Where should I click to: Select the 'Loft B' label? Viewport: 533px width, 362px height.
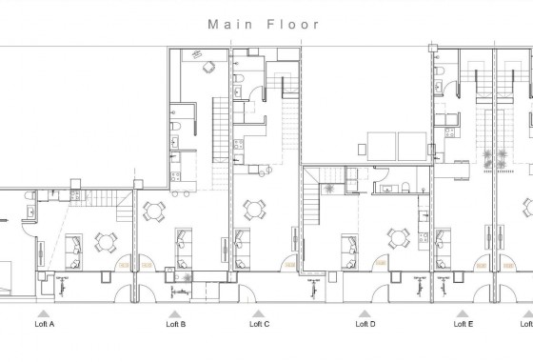175,324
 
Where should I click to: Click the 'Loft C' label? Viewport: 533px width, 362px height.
259,324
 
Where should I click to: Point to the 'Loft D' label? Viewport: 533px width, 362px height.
365,324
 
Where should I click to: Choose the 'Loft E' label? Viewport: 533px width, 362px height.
463,324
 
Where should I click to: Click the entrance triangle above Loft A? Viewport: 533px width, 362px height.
44,311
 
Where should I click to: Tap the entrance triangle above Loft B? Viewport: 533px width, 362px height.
175,311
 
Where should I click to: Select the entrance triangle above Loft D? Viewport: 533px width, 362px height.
364,311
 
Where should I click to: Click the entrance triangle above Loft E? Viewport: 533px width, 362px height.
463,311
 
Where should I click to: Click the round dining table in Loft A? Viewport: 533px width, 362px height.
106,241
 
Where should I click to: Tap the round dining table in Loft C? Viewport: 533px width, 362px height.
253,209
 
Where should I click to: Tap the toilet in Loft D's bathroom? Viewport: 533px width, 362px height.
406,185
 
